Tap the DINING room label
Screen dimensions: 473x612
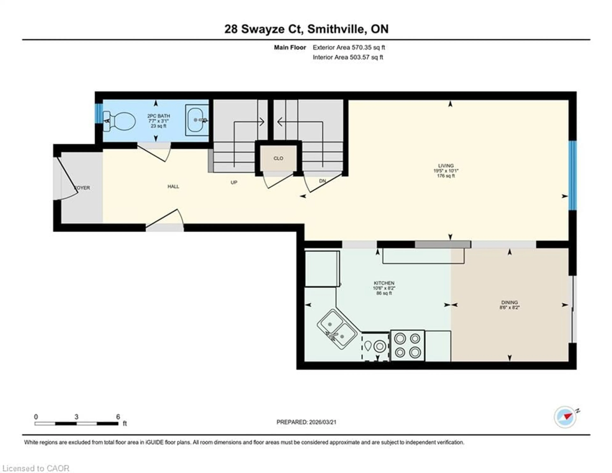[509, 302]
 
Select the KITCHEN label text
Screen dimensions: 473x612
[384, 283]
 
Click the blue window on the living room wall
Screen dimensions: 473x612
[572, 175]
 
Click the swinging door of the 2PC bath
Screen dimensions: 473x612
[154, 153]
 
